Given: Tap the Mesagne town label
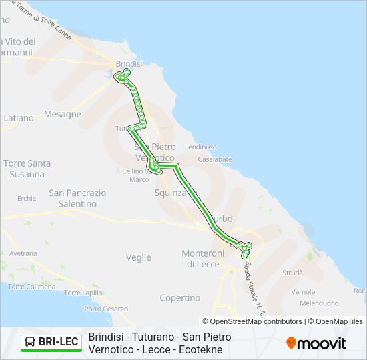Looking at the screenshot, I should (62, 114).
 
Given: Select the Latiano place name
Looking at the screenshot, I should (19, 118).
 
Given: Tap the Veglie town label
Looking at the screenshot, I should (138, 257).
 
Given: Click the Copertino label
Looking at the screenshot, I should (180, 298).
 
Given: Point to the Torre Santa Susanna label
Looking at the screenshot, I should (27, 169).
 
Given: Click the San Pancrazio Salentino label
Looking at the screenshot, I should (77, 198).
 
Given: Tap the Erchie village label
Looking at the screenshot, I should (27, 198).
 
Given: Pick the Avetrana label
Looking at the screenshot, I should (23, 253).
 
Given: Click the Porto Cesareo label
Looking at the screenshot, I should (106, 309).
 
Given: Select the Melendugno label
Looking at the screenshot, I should (319, 303).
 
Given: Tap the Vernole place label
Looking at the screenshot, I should (303, 292).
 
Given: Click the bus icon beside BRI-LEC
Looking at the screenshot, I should (30, 343).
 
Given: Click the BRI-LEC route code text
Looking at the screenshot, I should (59, 343).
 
